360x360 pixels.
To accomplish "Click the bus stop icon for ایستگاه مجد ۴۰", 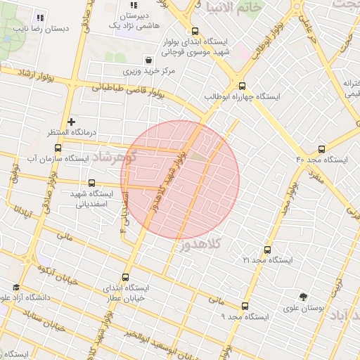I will (321, 148).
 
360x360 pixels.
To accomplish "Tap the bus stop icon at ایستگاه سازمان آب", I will (58, 148).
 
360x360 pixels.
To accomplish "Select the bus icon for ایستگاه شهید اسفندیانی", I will (91, 183).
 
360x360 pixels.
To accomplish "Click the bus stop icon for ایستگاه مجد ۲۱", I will (266, 249).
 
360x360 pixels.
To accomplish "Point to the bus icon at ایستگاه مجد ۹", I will (245, 306).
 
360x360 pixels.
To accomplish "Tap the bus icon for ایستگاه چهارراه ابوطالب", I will (241, 84).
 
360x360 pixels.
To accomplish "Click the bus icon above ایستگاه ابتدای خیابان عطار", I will (126, 277).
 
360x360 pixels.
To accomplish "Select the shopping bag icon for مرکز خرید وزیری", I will (148, 60).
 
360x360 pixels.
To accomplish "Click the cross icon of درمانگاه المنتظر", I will (71, 122).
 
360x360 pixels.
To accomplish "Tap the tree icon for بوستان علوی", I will (303, 297).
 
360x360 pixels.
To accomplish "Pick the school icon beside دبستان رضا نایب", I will (39, 18).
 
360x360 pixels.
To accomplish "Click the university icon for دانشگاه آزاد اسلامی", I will (16, 288).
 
